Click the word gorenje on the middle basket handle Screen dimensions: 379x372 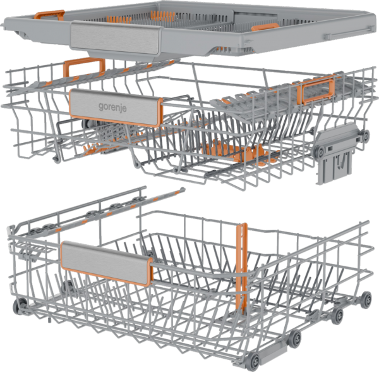click(x=112, y=107)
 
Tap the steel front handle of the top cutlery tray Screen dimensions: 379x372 click(x=116, y=37)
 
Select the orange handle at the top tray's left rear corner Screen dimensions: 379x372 click(x=49, y=15)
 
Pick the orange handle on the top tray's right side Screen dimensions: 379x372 click(x=265, y=27)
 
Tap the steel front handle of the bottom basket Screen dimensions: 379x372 click(x=106, y=263)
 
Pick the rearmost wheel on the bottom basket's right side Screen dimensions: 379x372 click(x=366, y=300)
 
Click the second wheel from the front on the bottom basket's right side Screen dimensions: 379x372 click(x=295, y=337)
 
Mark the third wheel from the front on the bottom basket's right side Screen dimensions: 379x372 click(x=337, y=316)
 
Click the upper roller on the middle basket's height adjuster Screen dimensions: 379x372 click(x=365, y=135)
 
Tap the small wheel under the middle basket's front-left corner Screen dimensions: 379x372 click(x=56, y=159)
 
